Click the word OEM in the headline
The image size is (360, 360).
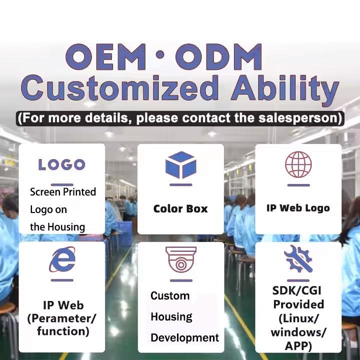click(105, 56)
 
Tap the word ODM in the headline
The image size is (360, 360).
click(218, 56)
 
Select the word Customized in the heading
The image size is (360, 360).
click(119, 89)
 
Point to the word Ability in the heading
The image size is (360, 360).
click(285, 89)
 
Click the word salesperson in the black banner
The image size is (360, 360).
click(298, 118)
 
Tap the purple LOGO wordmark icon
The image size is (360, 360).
click(62, 164)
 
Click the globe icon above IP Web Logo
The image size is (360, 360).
click(298, 164)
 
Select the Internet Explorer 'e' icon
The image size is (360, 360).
click(62, 259)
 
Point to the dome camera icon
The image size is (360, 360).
click(181, 259)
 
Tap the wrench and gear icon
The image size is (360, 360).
click(298, 259)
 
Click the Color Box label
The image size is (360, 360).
click(180, 208)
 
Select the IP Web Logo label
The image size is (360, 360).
click(298, 208)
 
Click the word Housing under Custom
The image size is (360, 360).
click(171, 317)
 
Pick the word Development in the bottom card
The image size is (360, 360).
click(185, 338)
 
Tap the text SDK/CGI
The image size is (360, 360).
click(296, 290)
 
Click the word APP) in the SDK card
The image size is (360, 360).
click(298, 346)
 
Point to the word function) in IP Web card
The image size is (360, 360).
click(63, 331)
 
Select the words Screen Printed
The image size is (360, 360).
click(63, 192)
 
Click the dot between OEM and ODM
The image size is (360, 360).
click(161, 54)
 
